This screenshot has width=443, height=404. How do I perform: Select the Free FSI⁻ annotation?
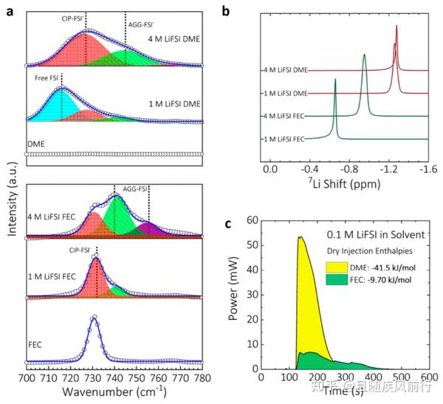[x=47, y=77]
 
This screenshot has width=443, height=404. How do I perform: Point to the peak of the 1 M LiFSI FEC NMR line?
[x=335, y=79]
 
